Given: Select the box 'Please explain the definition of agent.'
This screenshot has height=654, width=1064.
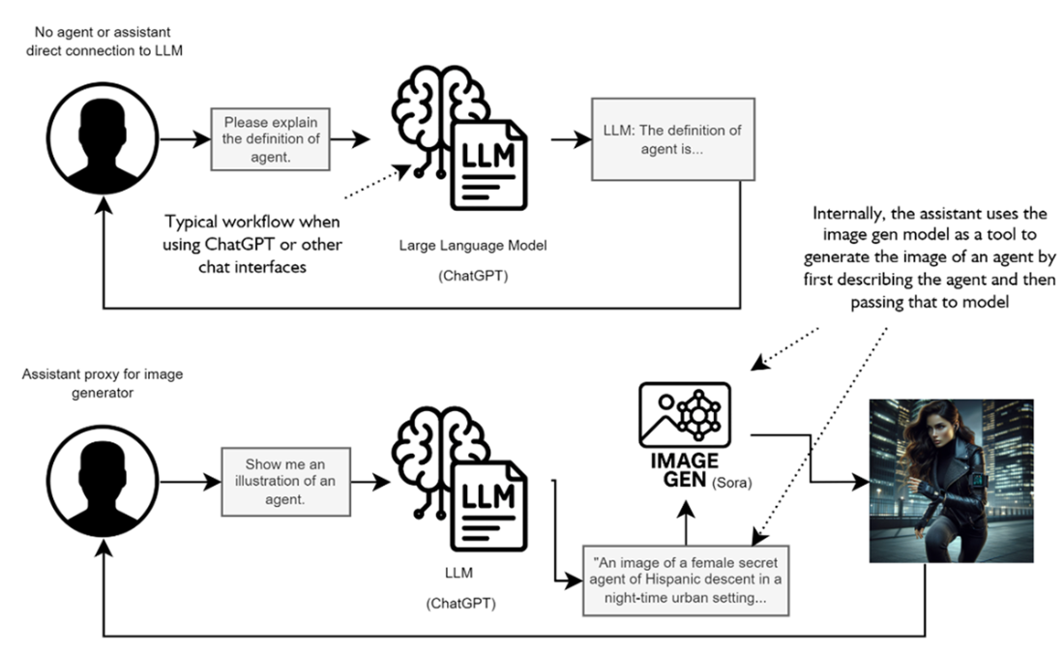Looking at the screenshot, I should coord(270,139).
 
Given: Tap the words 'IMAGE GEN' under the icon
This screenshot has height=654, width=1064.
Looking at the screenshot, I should coord(684,471).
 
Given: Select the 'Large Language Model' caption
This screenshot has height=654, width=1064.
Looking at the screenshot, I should coord(473,246).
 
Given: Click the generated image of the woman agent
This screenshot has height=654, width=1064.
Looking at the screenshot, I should coord(950,481).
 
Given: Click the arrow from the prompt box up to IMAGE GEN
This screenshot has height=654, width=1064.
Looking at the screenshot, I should coord(685,523).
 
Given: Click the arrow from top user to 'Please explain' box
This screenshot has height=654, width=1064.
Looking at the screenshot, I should coord(184,139).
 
